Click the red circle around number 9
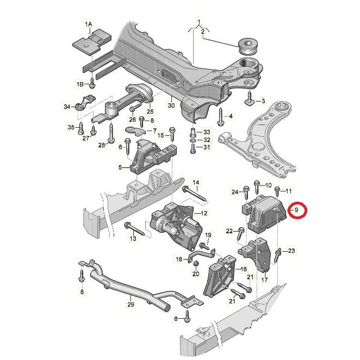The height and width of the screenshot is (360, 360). pyautogui.click(x=297, y=209)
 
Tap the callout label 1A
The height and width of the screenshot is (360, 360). pyautogui.click(x=88, y=24)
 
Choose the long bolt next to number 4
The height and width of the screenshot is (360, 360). pyautogui.click(x=220, y=116)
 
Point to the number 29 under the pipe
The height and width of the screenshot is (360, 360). pyautogui.click(x=131, y=305)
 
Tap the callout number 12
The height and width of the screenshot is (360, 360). pyautogui.click(x=204, y=213)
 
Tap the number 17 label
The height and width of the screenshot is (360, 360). pyautogui.click(x=264, y=280)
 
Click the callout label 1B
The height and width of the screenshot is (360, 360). pyautogui.click(x=79, y=84)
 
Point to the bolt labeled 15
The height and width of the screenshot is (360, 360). pyautogui.click(x=172, y=132)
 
